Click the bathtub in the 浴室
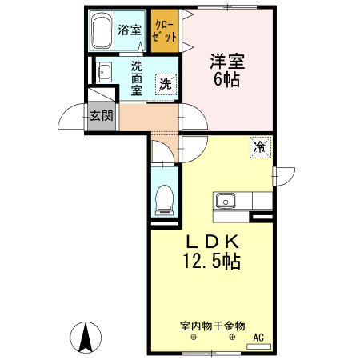[x=102, y=33]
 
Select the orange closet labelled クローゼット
[x=166, y=31]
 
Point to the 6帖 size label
[x=226, y=79]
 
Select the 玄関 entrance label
[x=101, y=116]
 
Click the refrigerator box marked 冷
[x=260, y=146]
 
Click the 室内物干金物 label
[x=211, y=326]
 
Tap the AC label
[x=258, y=338]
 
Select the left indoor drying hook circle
[x=192, y=338]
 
